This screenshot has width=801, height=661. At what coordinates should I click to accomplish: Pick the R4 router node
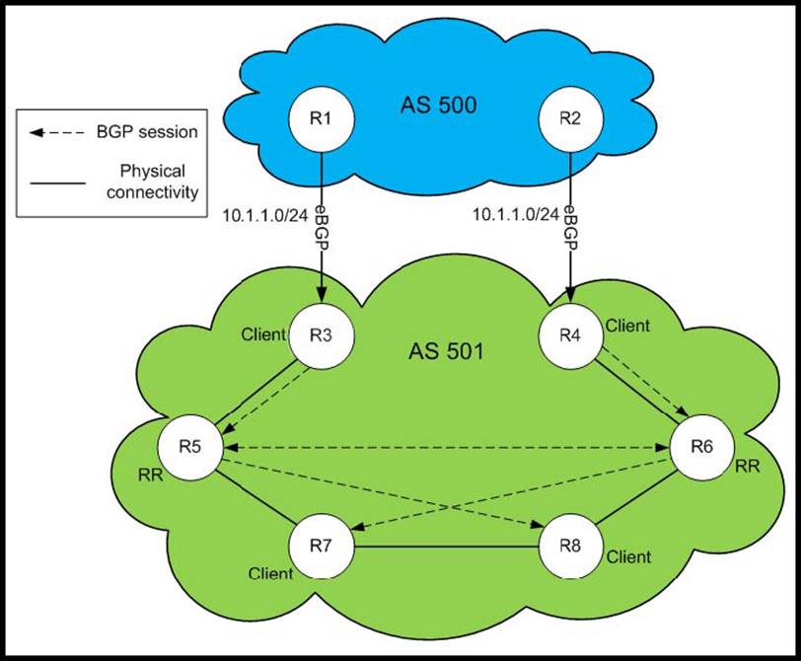(x=569, y=332)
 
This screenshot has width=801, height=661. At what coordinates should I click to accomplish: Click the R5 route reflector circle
(x=194, y=447)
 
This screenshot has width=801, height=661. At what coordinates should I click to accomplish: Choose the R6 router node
(x=701, y=447)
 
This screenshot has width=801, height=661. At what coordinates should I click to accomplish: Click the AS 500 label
(x=439, y=105)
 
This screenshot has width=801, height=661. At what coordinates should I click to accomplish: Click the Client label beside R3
(x=263, y=334)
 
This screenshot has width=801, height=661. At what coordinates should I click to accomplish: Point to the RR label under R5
(x=151, y=473)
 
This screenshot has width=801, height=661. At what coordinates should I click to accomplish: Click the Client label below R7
(x=270, y=573)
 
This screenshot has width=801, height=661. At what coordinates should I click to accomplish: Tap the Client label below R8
(x=628, y=557)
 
